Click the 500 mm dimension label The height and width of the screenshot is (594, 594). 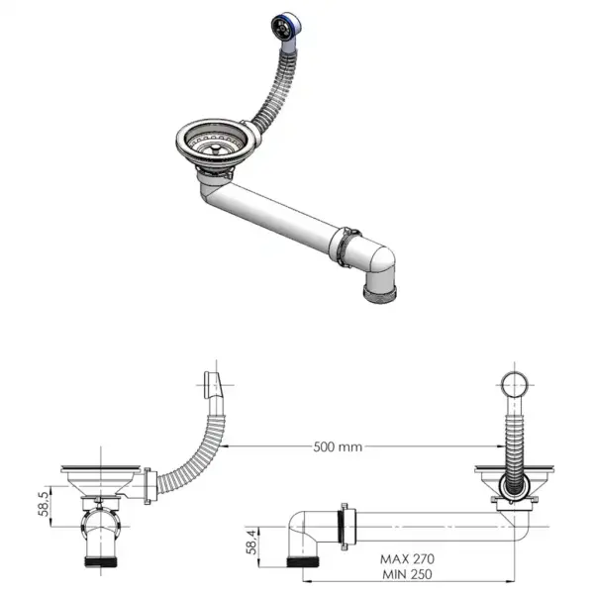pos(336,447)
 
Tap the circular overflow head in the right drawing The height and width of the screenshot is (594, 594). pos(514,386)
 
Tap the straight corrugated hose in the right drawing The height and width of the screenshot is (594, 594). pos(514,436)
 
